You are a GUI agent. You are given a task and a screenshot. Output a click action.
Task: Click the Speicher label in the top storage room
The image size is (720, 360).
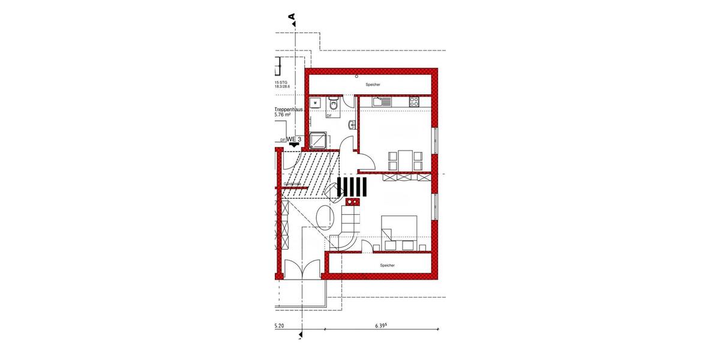click(x=373, y=85)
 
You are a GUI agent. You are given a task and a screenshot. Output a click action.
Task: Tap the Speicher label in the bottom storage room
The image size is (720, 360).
click(x=387, y=265)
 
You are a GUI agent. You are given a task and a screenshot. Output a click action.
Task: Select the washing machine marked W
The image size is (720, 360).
click(x=315, y=104)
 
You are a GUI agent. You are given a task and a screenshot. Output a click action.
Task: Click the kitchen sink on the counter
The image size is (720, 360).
click(x=381, y=102)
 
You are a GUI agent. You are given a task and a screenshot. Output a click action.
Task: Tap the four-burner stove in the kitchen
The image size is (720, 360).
click(x=413, y=102)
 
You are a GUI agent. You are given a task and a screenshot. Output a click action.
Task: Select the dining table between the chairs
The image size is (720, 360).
click(x=405, y=160)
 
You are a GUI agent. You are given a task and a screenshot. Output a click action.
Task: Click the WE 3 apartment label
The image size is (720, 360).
click(x=294, y=139)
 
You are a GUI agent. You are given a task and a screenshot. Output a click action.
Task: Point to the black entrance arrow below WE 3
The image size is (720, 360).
click(x=294, y=145)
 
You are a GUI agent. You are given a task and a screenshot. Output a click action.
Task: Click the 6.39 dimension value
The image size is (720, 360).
click(x=380, y=326)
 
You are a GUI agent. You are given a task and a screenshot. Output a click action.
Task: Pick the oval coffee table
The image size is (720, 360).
click(x=323, y=217)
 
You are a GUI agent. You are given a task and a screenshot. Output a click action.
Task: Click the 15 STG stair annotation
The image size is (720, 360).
click(x=281, y=82)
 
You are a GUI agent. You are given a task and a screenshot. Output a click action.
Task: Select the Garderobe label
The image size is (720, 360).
click(x=293, y=184)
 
